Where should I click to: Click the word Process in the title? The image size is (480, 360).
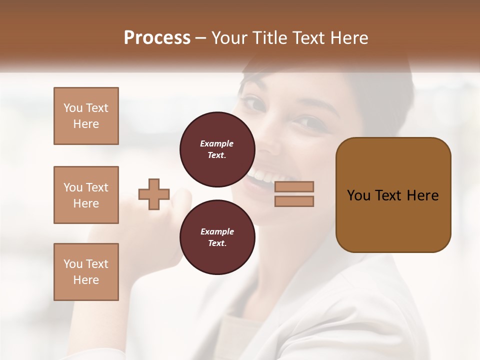pyautogui.click(x=157, y=38)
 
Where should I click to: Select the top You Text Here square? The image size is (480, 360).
pyautogui.click(x=86, y=116)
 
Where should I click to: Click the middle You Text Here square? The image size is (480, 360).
pyautogui.click(x=86, y=195)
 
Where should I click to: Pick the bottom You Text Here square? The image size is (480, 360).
pyautogui.click(x=86, y=272)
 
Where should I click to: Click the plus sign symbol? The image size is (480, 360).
pyautogui.click(x=154, y=194)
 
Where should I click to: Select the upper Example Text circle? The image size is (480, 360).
pyautogui.click(x=217, y=149)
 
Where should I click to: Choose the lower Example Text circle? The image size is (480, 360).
pyautogui.click(x=217, y=237)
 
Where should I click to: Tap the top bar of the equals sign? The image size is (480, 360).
pyautogui.click(x=294, y=186)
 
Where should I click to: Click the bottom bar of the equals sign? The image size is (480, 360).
pyautogui.click(x=294, y=201)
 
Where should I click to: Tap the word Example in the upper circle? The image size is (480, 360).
pyautogui.click(x=217, y=143)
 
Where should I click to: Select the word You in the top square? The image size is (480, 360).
pyautogui.click(x=72, y=108)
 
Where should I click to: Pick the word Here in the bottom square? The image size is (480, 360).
pyautogui.click(x=86, y=280)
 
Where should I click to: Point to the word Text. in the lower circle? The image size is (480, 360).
pyautogui.click(x=217, y=243)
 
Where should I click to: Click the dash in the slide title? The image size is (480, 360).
pyautogui.click(x=201, y=38)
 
